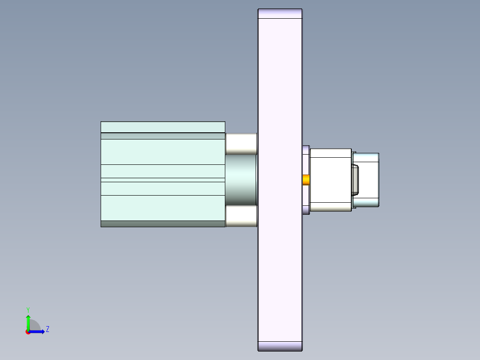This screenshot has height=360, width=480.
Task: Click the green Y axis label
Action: [28, 310]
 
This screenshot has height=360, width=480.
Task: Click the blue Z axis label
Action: [48, 329]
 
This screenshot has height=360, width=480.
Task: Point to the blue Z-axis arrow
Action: [37, 331]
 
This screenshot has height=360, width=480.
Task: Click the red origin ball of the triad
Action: [28, 332]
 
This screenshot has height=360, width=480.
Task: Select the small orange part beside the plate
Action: [306, 180]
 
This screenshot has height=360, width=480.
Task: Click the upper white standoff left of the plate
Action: [241, 144]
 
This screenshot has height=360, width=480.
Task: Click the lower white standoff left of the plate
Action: [241, 216]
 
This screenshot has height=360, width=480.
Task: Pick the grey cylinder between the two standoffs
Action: [240, 180]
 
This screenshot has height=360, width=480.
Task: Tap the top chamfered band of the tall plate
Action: [280, 13]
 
